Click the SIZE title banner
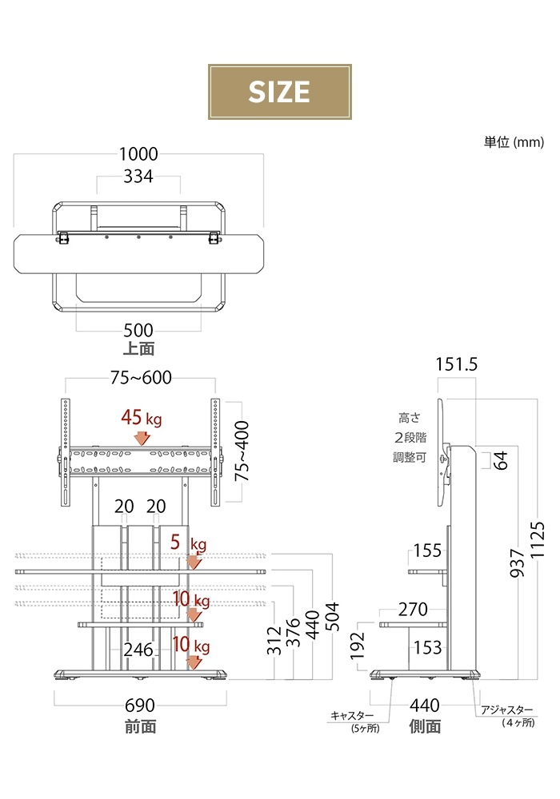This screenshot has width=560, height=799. (279, 92)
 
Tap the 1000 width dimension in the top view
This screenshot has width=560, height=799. (138, 154)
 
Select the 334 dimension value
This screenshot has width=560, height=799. (138, 177)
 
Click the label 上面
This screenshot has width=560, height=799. (138, 348)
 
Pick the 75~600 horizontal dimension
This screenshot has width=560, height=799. (141, 378)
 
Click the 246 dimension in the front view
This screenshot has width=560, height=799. (138, 650)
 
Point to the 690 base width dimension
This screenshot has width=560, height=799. (139, 707)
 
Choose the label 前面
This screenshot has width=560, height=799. (140, 726)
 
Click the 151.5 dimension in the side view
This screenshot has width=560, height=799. (456, 364)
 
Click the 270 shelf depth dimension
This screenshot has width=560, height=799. (413, 610)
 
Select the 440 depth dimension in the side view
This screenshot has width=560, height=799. (424, 706)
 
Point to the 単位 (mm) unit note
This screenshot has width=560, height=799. (514, 142)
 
